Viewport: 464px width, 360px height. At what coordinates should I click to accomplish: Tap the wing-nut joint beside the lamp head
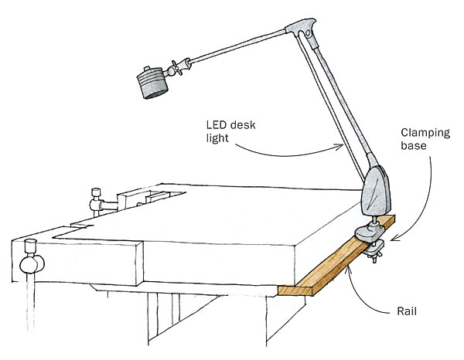[180, 69]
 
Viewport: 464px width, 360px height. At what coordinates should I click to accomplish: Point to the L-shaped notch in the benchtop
[77, 228]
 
